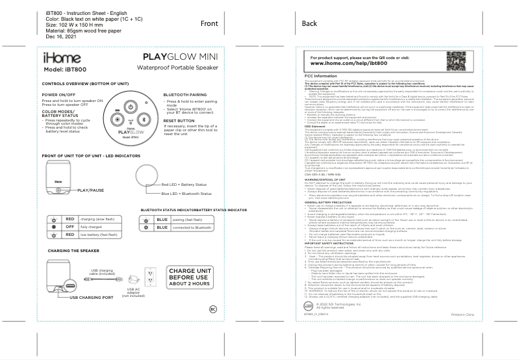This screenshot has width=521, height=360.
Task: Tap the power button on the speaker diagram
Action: click(x=130, y=107)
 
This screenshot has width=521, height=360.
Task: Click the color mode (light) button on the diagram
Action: click(x=115, y=120)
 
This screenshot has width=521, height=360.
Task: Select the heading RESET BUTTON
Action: click(x=179, y=120)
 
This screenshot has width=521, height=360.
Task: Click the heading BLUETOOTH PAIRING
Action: click(x=186, y=94)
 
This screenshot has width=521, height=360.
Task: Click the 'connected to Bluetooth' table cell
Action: click(x=193, y=228)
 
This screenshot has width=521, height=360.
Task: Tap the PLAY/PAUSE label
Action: click(x=91, y=190)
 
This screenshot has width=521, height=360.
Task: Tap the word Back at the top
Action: click(x=309, y=23)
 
